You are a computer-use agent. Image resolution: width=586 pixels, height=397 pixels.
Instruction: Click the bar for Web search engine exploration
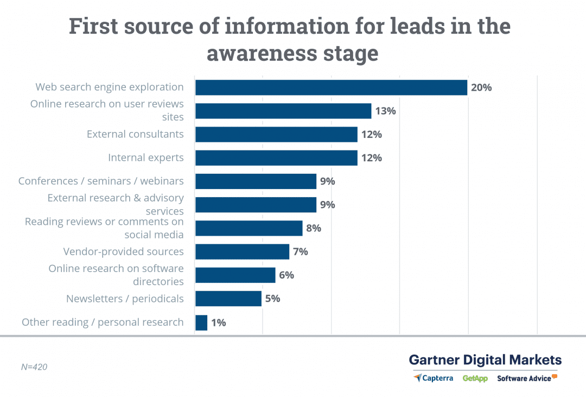pos(331,87)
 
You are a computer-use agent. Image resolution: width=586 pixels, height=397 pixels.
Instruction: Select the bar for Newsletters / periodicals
pos(228,299)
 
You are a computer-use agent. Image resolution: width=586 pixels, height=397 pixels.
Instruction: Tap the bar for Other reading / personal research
pos(201,323)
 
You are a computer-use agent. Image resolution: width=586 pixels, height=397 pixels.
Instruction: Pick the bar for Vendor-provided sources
pos(242,251)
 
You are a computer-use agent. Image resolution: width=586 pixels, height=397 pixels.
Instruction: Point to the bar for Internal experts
pos(276,158)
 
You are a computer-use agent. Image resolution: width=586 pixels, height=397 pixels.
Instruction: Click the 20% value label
pos(481,87)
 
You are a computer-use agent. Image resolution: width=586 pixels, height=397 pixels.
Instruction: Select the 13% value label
pos(385,111)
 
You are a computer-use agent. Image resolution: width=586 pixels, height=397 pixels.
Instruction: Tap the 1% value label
pos(219,323)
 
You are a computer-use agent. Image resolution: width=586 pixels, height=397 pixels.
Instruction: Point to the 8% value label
pos(314,228)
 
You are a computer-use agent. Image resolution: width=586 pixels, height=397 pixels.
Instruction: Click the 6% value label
pos(286,275)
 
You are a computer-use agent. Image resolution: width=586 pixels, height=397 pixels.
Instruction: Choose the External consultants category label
pos(135,134)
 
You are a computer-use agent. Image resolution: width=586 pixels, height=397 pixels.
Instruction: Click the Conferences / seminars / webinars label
pos(101,181)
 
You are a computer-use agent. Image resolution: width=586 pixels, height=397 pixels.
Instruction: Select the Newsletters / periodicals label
pos(125,299)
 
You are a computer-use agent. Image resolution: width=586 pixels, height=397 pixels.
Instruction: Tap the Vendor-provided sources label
pos(123,251)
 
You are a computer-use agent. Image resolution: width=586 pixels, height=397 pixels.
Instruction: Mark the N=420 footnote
pos(34,367)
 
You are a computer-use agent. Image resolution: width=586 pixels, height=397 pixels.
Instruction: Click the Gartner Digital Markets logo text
pos(485,360)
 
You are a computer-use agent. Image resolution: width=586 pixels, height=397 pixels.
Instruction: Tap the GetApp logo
pos(475,378)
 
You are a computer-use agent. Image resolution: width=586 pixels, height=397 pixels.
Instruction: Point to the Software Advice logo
pos(527,378)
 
